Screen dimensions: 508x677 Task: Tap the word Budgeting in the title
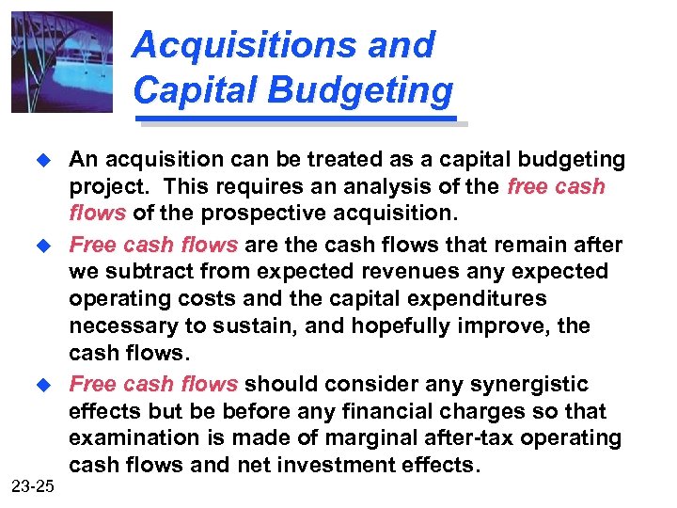[369, 90]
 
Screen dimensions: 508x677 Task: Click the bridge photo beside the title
[62, 61]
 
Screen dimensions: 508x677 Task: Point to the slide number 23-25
[34, 485]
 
